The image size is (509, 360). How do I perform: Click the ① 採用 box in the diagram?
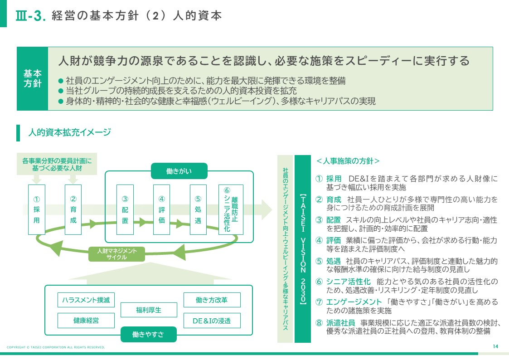[37, 209]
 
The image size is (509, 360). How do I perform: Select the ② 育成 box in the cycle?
[73, 209]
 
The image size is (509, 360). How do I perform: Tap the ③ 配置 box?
[125, 209]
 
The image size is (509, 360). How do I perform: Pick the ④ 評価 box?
[161, 209]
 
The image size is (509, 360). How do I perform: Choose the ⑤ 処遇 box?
[198, 209]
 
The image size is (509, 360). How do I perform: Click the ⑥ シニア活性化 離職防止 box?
[231, 209]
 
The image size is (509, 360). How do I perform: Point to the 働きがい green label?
[179, 171]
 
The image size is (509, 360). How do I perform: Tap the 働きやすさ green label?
[148, 335]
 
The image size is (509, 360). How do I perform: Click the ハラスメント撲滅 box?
[86, 300]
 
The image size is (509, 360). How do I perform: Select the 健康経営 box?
[86, 321]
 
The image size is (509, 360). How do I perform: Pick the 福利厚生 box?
[149, 310]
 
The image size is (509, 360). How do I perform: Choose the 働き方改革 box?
[212, 300]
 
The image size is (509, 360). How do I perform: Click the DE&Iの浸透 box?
[212, 321]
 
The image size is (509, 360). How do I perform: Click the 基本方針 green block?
[32, 78]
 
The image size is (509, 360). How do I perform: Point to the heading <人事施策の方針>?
[348, 161]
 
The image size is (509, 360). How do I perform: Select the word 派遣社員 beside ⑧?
[341, 323]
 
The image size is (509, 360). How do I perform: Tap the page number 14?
[495, 347]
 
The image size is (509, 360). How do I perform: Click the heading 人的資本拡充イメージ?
[69, 132]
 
